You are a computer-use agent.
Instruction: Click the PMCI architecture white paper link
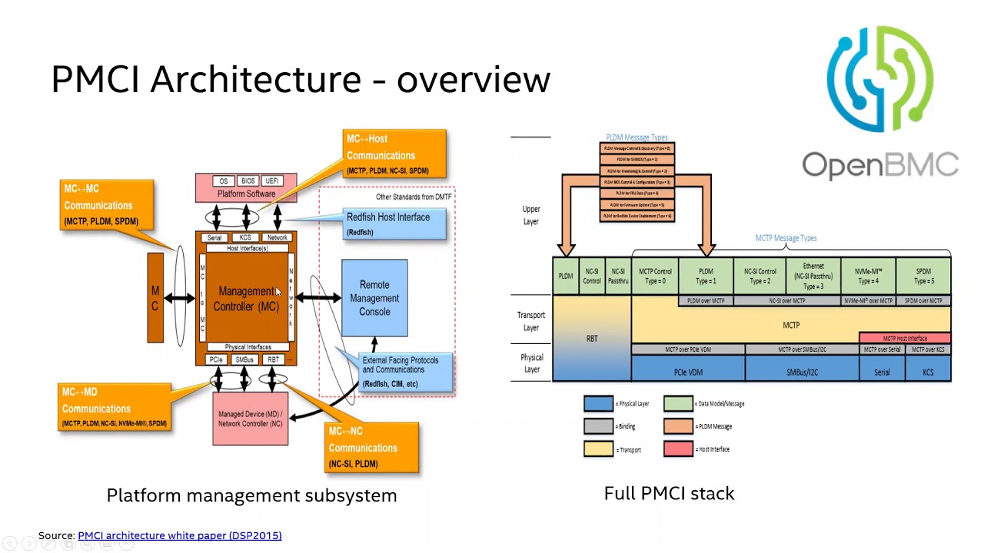coord(179,535)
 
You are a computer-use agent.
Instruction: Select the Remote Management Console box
coord(374,298)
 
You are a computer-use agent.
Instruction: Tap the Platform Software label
coord(246,194)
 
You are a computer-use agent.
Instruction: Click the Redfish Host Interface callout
coord(394,224)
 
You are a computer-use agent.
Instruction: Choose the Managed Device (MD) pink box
coord(250,419)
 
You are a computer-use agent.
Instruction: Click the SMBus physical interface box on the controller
coord(244,359)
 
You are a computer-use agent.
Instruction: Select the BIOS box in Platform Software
coord(247,181)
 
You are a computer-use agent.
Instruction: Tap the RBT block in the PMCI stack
coord(591,338)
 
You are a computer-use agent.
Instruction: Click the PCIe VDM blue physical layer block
coord(688,372)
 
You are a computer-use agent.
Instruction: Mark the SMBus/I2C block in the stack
coord(802,372)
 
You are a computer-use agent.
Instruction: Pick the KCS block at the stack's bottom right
coord(928,372)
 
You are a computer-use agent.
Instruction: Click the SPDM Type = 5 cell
coord(923,276)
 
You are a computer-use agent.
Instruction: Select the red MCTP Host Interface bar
coord(905,338)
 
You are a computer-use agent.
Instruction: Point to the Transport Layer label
coord(531,321)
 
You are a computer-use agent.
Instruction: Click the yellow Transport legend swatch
coord(598,449)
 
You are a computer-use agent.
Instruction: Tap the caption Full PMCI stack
coord(669,493)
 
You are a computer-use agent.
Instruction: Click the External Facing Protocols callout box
coord(406,372)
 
